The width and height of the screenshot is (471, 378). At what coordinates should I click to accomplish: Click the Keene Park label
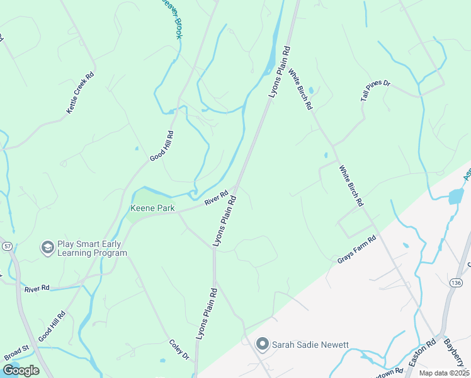point(152,208)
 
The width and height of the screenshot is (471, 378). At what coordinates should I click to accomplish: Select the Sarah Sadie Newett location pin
point(263,345)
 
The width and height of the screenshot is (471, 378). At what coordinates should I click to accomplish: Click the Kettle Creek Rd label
point(80,93)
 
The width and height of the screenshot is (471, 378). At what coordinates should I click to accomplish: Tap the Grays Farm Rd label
point(356,249)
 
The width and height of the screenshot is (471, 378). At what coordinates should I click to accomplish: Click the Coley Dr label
point(179,350)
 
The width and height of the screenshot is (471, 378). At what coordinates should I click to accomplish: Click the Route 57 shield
point(7,244)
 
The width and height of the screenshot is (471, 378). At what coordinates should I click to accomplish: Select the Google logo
point(21,370)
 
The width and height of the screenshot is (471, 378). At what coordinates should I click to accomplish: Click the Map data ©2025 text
point(444,373)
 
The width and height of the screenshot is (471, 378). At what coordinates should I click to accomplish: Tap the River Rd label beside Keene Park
point(215,198)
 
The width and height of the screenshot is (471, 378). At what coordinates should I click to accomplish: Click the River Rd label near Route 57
point(37,289)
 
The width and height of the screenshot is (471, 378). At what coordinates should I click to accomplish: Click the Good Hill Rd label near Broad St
point(52,328)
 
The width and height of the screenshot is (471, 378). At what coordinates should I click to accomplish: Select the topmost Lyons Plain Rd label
point(279,72)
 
